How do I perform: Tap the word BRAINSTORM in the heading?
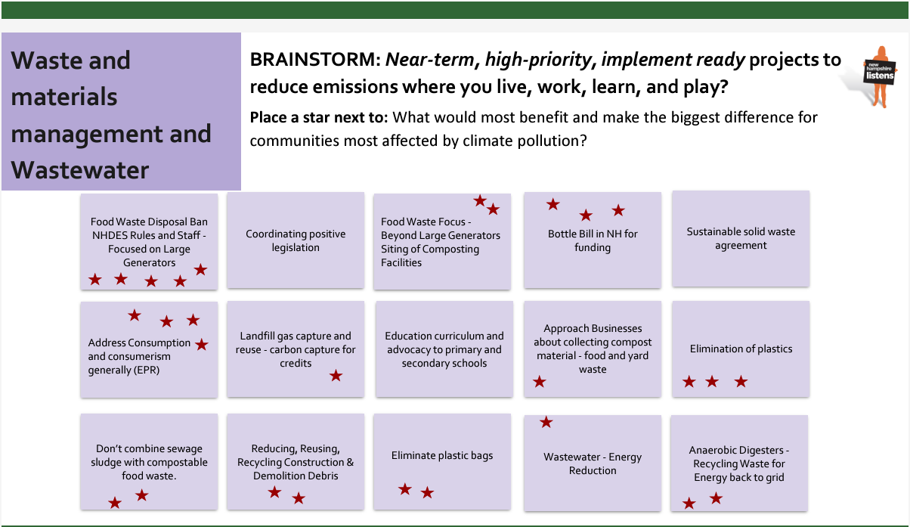pos(315,59)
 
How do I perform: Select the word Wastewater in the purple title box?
pos(80,170)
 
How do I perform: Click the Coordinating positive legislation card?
pos(296,240)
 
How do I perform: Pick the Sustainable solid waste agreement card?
pos(741,238)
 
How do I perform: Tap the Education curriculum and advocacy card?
pos(444,349)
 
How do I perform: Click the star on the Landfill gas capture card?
pos(336,376)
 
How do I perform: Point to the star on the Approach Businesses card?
pos(540,382)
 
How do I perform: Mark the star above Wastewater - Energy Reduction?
pos(546,422)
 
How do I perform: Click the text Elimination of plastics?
pos(741,349)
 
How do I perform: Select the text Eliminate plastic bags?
pos(442,455)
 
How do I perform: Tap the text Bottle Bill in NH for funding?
pos(593,240)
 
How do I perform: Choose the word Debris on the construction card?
pos(323,476)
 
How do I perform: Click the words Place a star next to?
pos(319,117)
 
